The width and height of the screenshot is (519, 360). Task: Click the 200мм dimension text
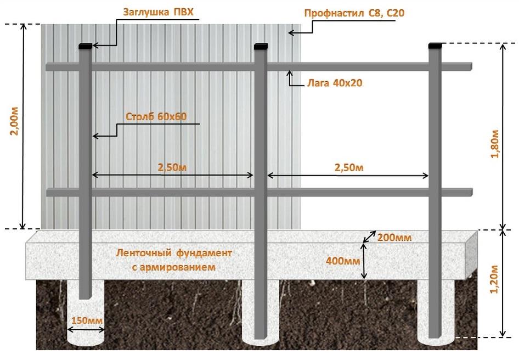coord(395,237)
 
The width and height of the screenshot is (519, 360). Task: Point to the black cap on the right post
coord(436,43)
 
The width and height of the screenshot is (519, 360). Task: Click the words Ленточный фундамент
coord(174,254)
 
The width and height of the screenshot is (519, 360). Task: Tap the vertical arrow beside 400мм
coord(364,261)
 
